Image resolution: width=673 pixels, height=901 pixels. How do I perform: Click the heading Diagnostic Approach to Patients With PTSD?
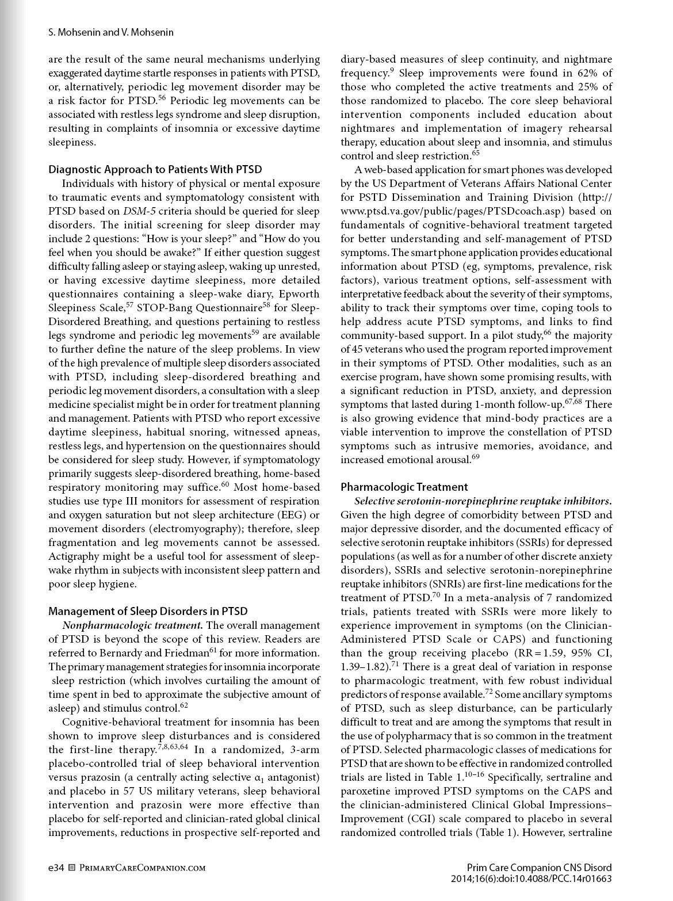[x=155, y=169]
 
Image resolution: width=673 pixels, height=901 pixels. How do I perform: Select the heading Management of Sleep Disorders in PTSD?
[x=148, y=611]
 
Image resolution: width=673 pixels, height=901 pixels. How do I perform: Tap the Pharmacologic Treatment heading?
[x=404, y=487]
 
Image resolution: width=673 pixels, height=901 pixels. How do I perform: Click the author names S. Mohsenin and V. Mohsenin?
[x=111, y=33]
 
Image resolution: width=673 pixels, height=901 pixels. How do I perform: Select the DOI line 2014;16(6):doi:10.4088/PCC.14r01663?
[x=531, y=879]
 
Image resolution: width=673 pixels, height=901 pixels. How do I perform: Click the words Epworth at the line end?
[x=302, y=294]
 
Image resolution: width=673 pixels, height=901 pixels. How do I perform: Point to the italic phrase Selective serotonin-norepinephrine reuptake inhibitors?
[x=477, y=501]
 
